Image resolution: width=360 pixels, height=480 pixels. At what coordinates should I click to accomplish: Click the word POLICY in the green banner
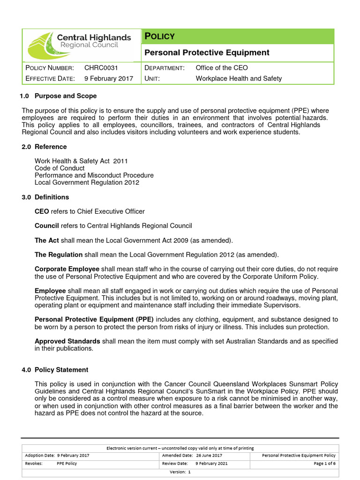[159, 37]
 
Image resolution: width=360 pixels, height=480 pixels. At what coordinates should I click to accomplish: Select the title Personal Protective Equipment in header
[206, 52]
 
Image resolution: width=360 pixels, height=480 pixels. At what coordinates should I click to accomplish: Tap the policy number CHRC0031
[101, 68]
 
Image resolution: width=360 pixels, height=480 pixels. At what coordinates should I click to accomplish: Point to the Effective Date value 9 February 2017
[108, 78]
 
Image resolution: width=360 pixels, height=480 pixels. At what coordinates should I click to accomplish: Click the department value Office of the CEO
[222, 68]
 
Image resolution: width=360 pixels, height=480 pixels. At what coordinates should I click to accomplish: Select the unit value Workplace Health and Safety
[239, 78]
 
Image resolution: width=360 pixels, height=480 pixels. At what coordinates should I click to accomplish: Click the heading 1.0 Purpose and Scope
[59, 96]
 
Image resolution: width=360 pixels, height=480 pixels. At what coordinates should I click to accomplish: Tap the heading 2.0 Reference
[45, 147]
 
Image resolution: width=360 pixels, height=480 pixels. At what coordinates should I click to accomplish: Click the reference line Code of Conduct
[60, 168]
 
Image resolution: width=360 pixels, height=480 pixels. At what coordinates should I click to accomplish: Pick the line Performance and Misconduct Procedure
[94, 175]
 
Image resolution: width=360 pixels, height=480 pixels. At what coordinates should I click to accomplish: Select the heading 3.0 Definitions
[45, 197]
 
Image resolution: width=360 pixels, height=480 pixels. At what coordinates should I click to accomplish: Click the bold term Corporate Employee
[67, 269]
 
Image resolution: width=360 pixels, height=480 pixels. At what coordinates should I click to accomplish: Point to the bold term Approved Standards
[67, 341]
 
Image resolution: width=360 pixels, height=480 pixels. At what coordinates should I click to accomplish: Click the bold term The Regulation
[59, 255]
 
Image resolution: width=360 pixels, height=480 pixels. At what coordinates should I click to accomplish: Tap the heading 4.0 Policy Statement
[55, 370]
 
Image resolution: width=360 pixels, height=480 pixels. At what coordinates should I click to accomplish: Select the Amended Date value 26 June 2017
[209, 455]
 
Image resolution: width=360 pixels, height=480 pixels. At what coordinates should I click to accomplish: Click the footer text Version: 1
[180, 472]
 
